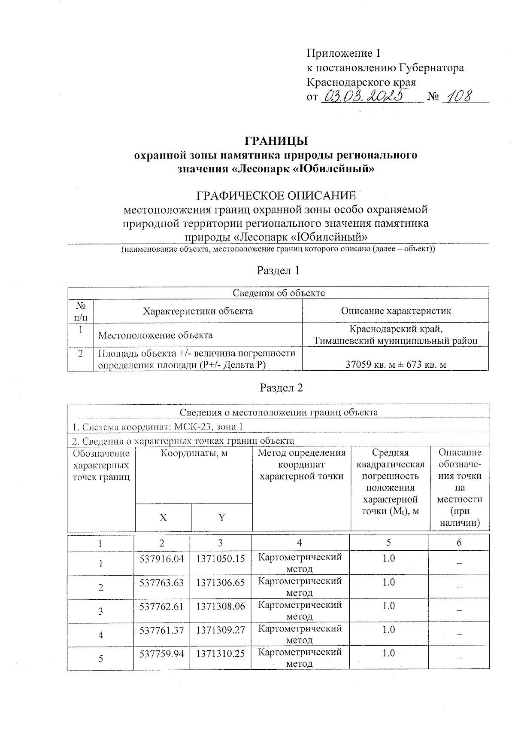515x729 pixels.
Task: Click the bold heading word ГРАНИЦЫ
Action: pos(276,141)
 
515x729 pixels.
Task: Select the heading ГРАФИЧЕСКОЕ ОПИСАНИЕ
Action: pos(276,196)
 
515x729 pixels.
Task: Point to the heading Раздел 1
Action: pos(278,271)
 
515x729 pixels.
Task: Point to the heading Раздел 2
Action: pos(282,388)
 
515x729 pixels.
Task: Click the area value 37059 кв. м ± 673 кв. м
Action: pos(396,365)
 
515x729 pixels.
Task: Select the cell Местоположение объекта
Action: pos(155,335)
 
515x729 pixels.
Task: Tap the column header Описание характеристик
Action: pos(396,311)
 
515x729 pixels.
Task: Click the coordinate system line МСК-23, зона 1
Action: pos(158,427)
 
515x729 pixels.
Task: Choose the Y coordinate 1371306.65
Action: pos(220,583)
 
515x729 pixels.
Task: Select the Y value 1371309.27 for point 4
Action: pos(220,630)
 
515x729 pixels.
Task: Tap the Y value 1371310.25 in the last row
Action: pos(220,653)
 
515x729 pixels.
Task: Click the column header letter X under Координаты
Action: pos(163,518)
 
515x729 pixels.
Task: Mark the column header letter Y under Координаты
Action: pos(222,518)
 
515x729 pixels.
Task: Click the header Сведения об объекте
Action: pos(279,293)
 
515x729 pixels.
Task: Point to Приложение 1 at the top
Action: pos(343,53)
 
